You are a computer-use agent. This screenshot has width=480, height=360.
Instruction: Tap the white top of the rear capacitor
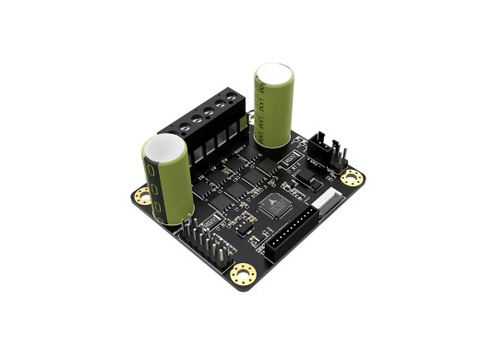274,73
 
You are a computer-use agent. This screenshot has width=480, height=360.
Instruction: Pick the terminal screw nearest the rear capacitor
234,103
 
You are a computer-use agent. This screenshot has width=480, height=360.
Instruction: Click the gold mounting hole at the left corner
142,195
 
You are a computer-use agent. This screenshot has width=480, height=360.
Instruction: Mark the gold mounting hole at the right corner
351,177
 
